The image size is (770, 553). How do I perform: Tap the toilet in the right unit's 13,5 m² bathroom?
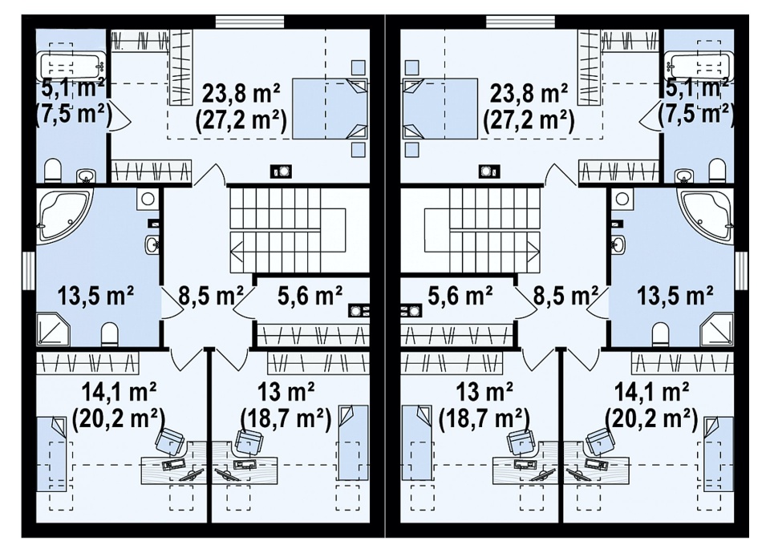(x=660, y=335)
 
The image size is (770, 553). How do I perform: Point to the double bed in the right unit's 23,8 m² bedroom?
(x=440, y=108)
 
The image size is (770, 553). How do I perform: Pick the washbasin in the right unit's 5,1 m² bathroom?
(x=683, y=176)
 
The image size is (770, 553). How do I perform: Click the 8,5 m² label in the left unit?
(x=211, y=296)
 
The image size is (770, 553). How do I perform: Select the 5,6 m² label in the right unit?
(x=460, y=296)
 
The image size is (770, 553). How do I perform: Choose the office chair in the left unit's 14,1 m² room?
(x=172, y=441)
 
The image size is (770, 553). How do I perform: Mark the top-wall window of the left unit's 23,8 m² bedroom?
(x=250, y=22)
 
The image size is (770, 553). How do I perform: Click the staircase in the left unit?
(x=299, y=228)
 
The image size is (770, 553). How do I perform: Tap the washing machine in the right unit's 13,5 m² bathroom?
(x=622, y=199)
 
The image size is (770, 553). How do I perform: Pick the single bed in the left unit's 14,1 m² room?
(x=51, y=454)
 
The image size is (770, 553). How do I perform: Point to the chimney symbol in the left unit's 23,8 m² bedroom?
(x=282, y=172)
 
